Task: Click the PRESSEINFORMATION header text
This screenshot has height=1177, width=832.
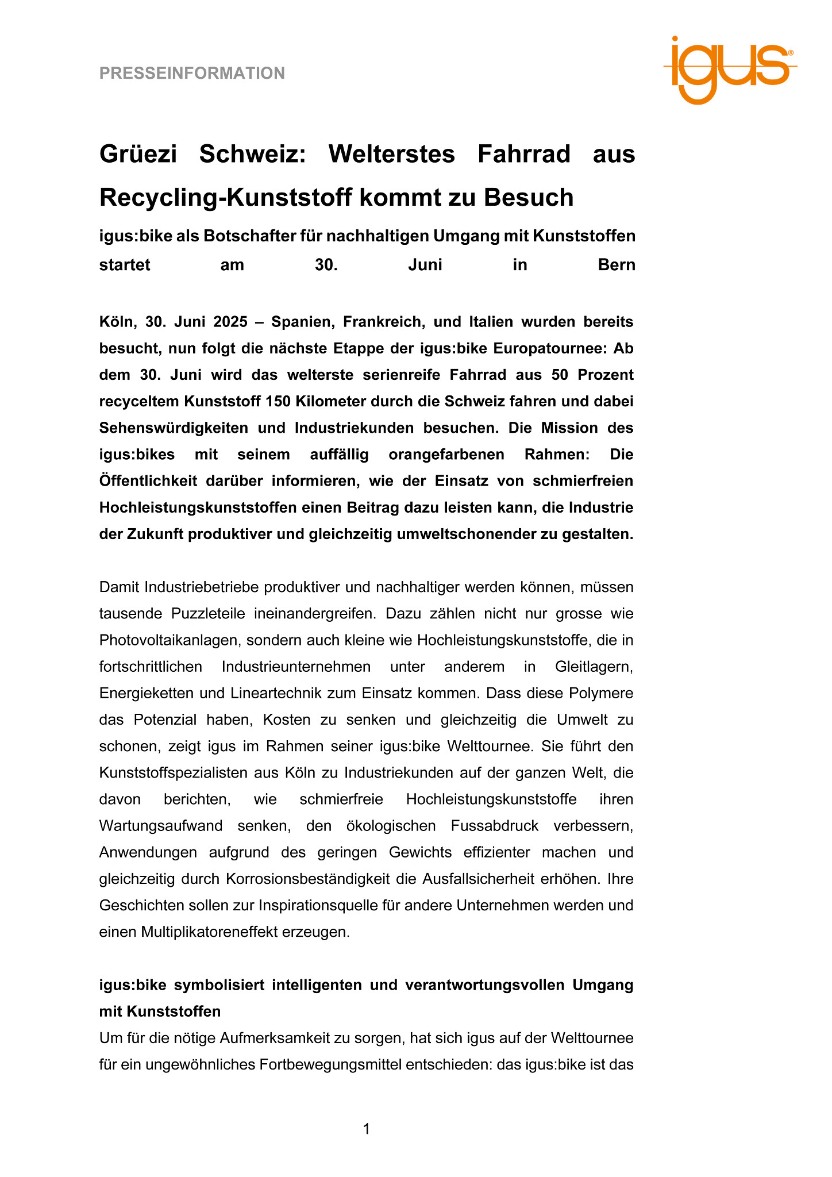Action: [192, 74]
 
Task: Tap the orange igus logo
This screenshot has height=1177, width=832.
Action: [730, 69]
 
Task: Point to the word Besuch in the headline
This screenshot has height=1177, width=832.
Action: [529, 198]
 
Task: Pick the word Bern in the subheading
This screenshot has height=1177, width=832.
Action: [617, 265]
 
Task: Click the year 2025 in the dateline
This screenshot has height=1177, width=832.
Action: [230, 322]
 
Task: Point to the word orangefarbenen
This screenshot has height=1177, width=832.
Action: [446, 455]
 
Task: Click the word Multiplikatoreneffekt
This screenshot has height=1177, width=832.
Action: [209, 932]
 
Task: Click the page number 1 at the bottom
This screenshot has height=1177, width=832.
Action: [367, 1129]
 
